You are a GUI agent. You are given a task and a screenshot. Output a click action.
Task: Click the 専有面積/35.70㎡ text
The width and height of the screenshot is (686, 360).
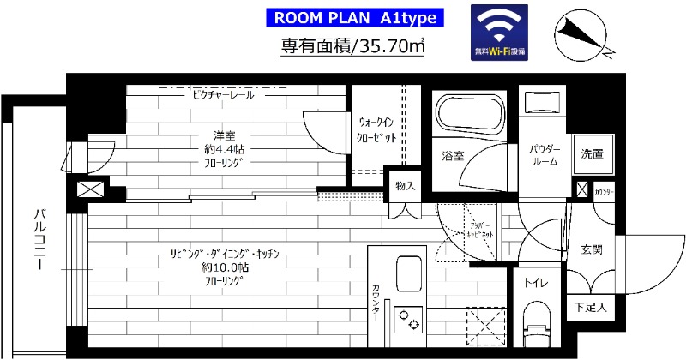click(x=354, y=47)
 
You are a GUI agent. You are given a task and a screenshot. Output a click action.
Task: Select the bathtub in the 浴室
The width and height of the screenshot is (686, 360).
click(x=468, y=112)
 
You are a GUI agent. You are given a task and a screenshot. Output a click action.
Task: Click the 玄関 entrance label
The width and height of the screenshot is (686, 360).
click(x=591, y=249)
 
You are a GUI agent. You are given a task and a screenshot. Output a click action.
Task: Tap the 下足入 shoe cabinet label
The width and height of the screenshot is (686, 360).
click(x=590, y=306)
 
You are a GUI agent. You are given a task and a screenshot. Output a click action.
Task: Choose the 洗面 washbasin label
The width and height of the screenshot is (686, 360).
click(x=591, y=155)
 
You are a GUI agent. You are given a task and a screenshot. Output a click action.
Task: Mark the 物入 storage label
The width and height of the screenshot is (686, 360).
click(x=404, y=186)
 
